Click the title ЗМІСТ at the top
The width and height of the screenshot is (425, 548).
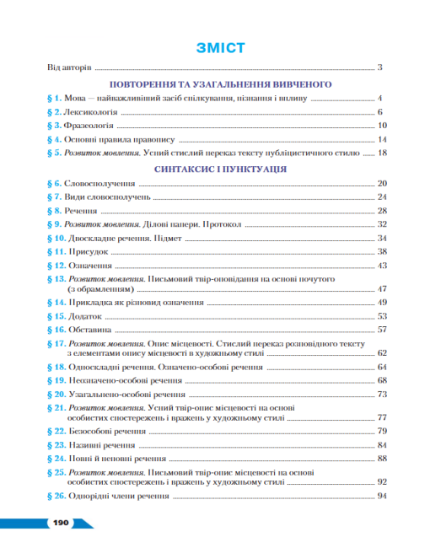(x=218, y=47)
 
